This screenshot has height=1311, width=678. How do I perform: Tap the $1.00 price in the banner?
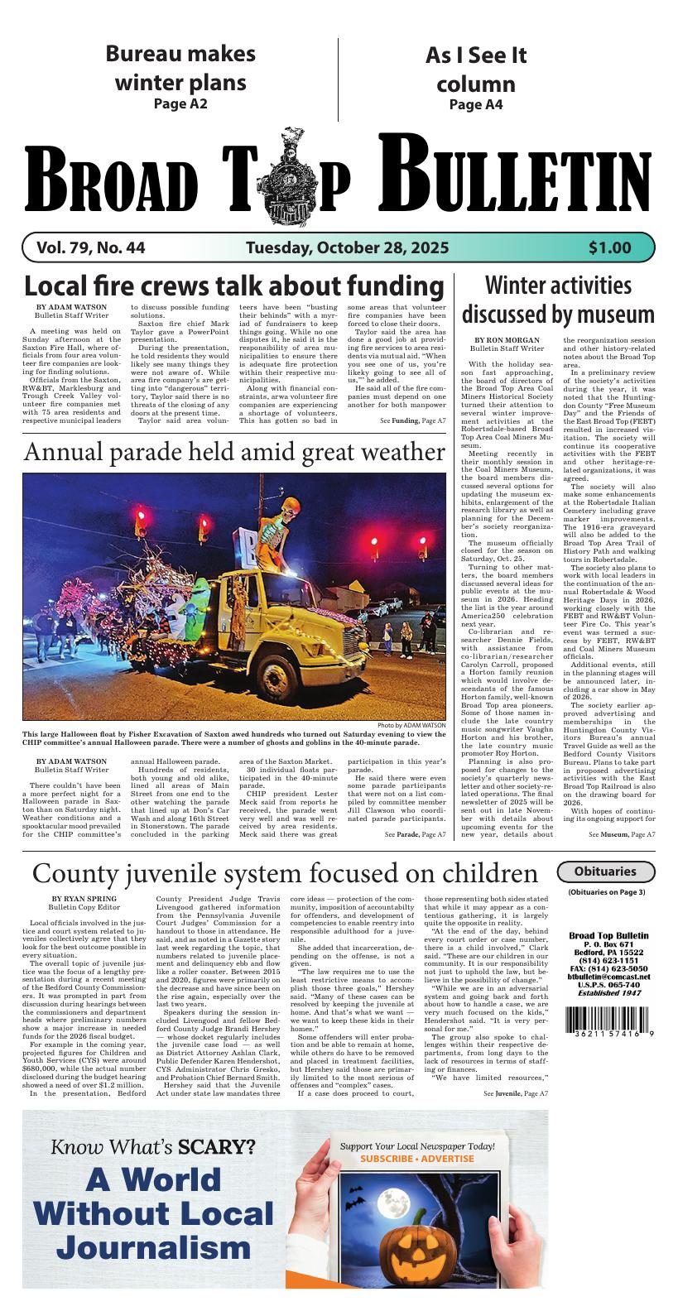[610, 247]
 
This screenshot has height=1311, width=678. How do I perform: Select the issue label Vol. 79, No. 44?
[91, 247]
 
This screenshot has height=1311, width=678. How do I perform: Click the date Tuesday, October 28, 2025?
[347, 247]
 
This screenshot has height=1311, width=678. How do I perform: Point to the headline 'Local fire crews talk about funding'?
[233, 286]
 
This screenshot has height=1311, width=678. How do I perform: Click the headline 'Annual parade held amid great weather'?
[234, 452]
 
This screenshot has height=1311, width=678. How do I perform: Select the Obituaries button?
[605, 872]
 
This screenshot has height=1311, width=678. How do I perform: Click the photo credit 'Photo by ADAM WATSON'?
[410, 726]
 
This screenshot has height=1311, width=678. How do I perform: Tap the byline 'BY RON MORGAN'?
[507, 340]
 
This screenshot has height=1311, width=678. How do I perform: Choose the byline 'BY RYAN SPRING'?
[84, 899]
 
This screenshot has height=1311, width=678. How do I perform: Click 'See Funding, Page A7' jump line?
[412, 421]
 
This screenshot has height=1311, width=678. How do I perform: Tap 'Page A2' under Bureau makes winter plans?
[180, 104]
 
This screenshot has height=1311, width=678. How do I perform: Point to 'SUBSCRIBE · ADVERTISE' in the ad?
[417, 1160]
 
